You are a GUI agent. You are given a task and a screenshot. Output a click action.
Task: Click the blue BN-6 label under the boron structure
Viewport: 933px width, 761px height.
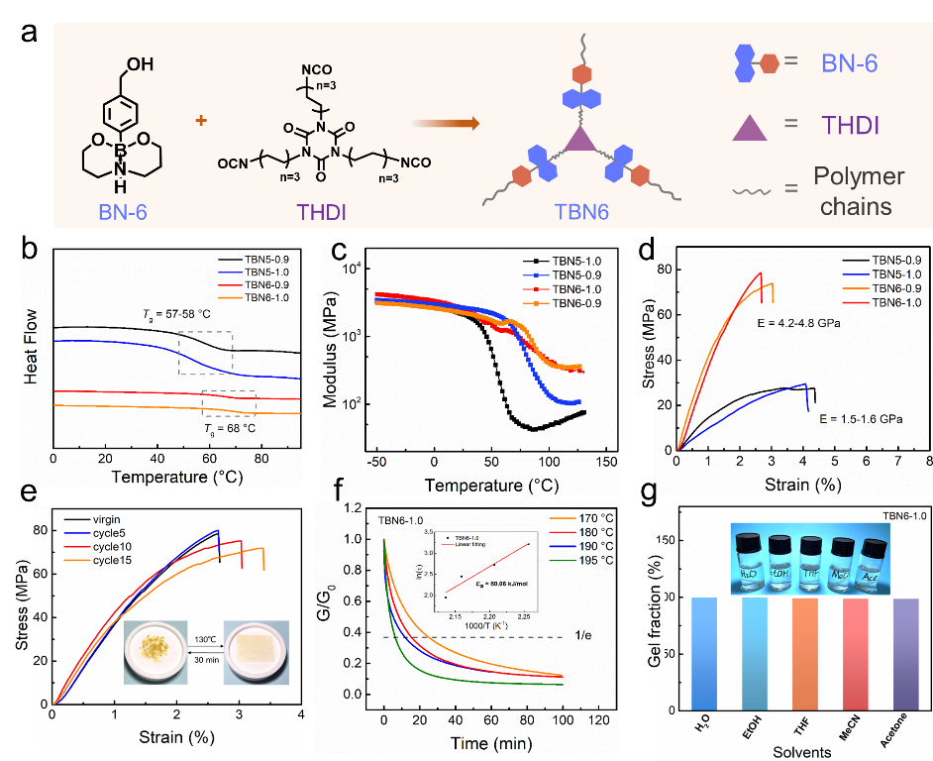pos(126,211)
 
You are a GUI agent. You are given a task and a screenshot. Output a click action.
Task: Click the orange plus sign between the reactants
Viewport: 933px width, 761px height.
pos(201,121)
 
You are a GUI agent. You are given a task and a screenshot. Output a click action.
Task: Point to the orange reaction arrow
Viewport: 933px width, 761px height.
pos(445,124)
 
